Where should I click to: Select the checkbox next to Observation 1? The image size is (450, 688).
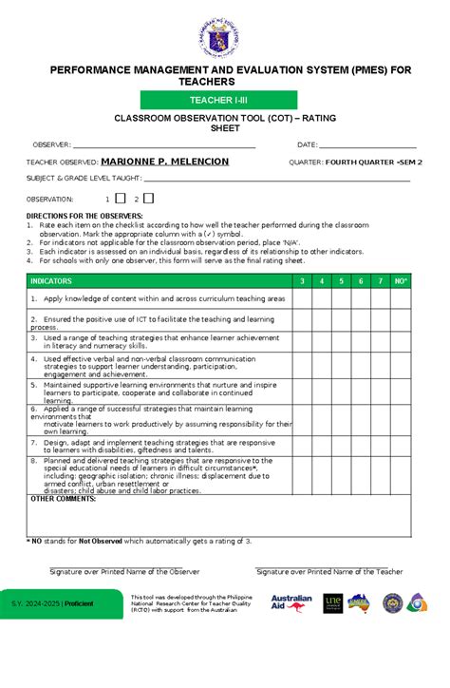[x=121, y=198]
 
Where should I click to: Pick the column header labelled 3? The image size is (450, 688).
[x=301, y=281]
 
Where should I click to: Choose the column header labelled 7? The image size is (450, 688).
[x=381, y=281]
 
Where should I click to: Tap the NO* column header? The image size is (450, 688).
[x=402, y=281]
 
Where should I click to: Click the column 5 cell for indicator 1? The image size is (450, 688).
[x=341, y=298]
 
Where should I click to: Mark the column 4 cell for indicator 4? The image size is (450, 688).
[x=321, y=366]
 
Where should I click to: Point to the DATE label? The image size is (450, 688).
[x=307, y=144]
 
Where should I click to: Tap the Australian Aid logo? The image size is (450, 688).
[x=291, y=604]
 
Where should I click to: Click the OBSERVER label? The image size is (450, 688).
[x=53, y=144]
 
